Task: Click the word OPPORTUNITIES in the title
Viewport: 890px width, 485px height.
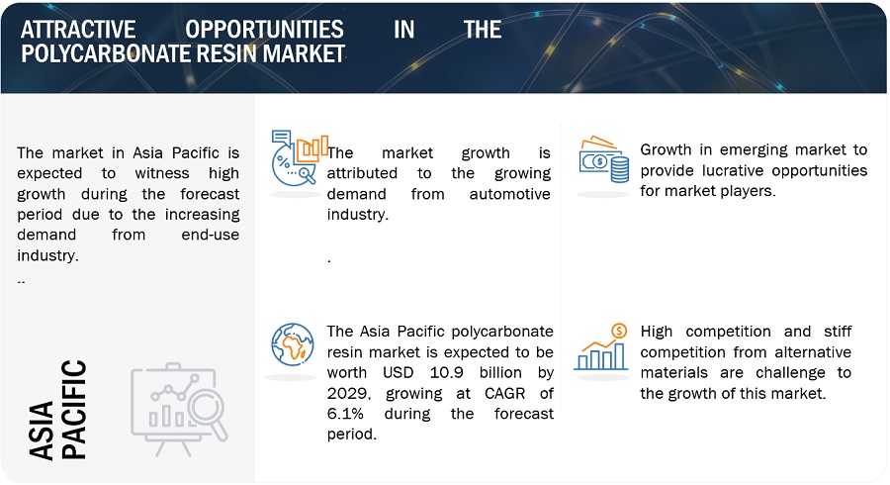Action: [x=264, y=30]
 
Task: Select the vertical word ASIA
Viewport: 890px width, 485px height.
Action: [x=42, y=431]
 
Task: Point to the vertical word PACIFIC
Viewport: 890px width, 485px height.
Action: [x=74, y=409]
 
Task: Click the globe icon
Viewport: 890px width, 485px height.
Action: [x=293, y=344]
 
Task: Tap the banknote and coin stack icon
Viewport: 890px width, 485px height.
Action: [x=604, y=159]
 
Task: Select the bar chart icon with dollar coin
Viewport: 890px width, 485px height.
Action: [x=601, y=347]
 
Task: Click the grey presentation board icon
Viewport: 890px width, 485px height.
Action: [x=179, y=409]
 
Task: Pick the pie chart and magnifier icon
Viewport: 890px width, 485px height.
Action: [x=300, y=158]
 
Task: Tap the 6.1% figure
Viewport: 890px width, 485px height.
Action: [x=345, y=414]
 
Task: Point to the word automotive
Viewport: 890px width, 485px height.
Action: [x=509, y=194]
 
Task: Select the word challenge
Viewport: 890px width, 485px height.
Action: [x=791, y=373]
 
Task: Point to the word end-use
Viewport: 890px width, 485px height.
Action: [x=210, y=235]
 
